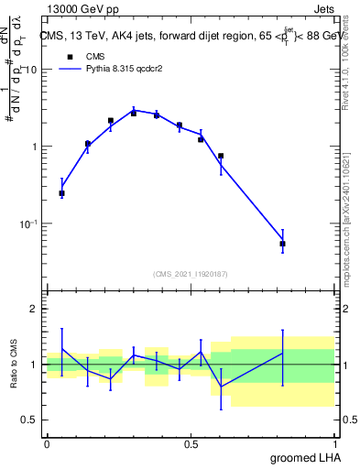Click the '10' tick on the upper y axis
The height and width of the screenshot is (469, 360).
click(30, 70)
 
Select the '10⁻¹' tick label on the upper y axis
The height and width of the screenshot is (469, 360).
click(28, 223)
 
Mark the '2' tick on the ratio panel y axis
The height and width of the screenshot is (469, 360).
click(34, 309)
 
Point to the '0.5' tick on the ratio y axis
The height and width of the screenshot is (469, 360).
click(29, 420)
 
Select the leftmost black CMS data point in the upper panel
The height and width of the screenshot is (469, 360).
click(61, 193)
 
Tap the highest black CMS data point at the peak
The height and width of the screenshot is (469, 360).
click(134, 113)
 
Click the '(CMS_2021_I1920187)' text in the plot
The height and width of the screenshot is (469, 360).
click(191, 273)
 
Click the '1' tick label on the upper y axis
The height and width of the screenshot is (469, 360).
click(34, 147)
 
